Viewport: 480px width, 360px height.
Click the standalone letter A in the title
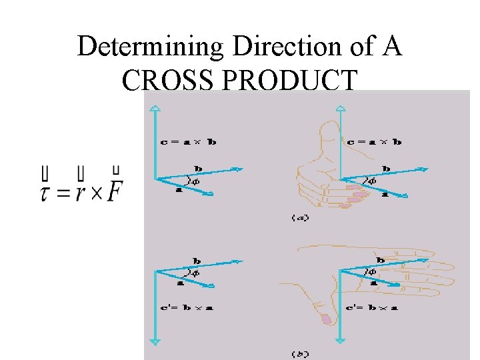[393, 47]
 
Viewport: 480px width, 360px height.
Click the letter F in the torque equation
[115, 191]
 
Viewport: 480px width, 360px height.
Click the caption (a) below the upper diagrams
[299, 218]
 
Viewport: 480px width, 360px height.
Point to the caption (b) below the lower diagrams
[299, 353]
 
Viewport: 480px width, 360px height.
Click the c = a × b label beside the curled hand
[374, 141]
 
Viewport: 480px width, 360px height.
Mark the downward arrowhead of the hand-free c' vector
[155, 341]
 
